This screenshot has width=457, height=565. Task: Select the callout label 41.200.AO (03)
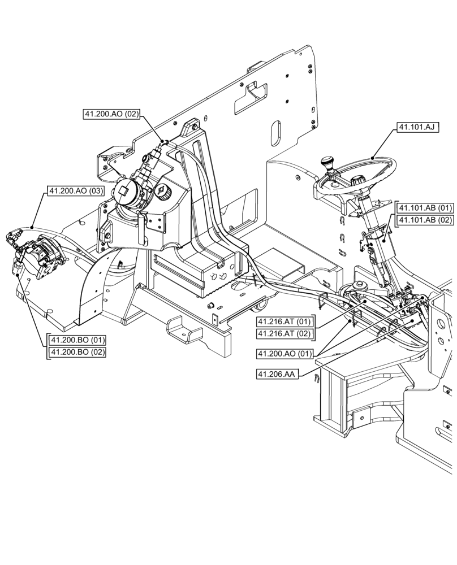pos(76,191)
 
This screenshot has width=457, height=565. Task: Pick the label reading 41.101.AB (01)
pos(425,208)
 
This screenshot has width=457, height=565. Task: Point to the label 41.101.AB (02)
pos(425,220)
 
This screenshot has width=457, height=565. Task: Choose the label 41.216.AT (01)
pos(285,322)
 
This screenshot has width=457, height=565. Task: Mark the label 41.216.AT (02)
pos(285,334)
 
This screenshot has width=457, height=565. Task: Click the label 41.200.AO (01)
pos(285,354)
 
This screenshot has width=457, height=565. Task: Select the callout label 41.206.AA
pos(276,374)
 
